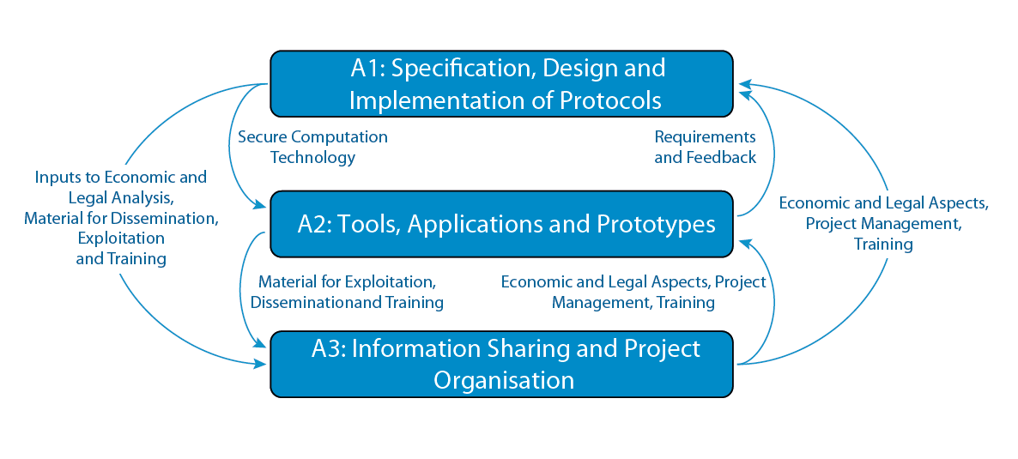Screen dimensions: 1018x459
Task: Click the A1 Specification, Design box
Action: (x=501, y=84)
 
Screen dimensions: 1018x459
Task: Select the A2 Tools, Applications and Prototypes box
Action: (x=501, y=224)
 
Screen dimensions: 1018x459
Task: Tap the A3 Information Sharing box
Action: (x=501, y=365)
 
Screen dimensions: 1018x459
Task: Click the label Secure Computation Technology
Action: (x=313, y=148)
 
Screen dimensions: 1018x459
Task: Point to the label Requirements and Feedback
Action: (x=705, y=148)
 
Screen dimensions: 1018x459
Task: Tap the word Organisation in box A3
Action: (x=504, y=379)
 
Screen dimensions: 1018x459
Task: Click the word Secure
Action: (x=263, y=137)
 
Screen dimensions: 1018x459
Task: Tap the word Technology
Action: (x=313, y=158)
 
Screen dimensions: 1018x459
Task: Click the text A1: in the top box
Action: (x=367, y=68)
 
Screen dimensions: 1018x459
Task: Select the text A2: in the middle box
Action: (x=313, y=225)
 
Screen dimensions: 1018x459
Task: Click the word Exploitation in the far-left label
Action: (x=121, y=239)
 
